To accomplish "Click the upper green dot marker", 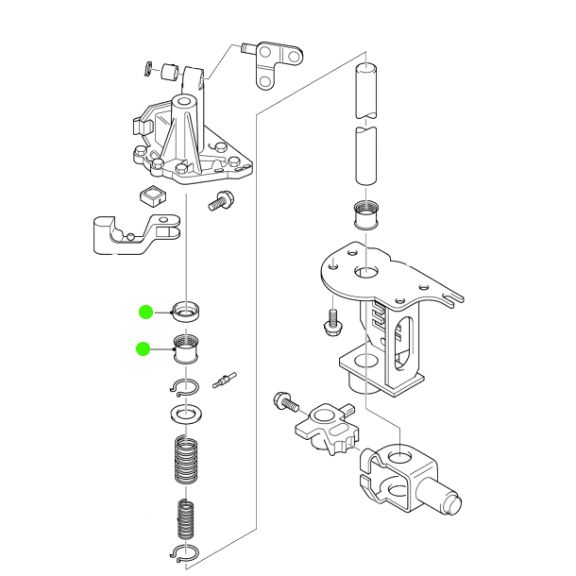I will tap(145, 311).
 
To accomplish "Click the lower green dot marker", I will tap(143, 349).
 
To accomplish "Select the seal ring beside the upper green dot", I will tap(188, 309).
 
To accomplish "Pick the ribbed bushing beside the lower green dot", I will tap(187, 349).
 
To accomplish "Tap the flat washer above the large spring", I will tap(188, 414).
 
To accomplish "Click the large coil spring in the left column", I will tap(188, 461).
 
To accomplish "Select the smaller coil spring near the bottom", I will tap(188, 518).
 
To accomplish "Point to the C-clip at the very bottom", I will tap(187, 553).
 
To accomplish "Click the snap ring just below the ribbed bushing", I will tap(186, 386).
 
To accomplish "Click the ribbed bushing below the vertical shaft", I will tap(364, 216).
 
